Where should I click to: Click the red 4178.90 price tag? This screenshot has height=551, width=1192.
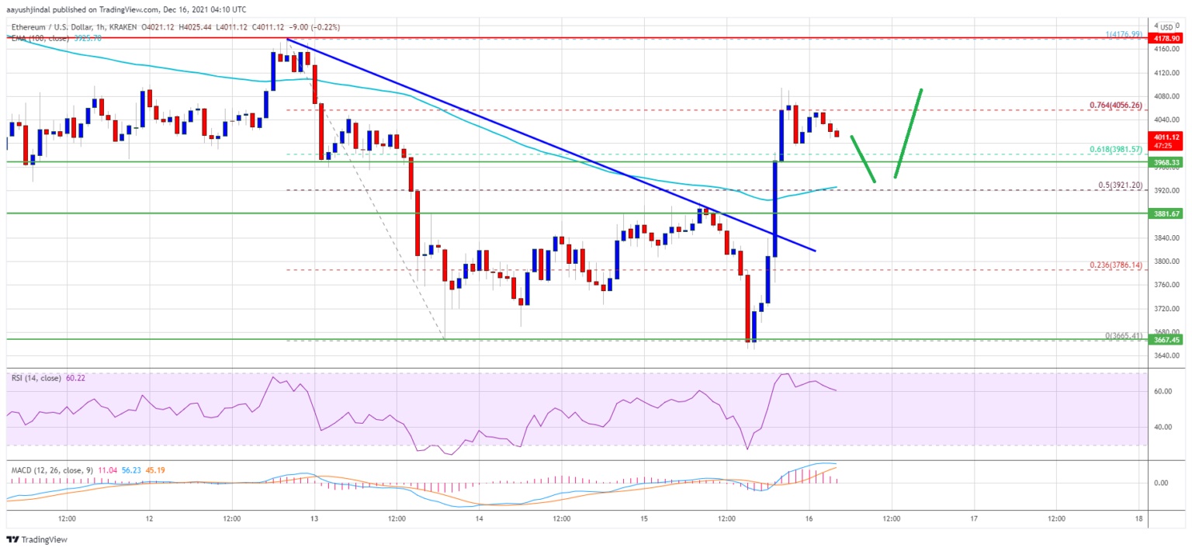click(1166, 38)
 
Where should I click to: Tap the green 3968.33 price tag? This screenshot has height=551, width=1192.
click(1166, 162)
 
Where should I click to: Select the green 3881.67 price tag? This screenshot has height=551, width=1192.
click(1166, 213)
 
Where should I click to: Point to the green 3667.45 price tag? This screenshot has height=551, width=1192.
click(1166, 339)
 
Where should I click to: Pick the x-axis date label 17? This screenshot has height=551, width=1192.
click(974, 518)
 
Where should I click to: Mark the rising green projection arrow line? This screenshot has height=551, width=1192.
click(908, 133)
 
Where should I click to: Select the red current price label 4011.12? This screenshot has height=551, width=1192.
click(1166, 137)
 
